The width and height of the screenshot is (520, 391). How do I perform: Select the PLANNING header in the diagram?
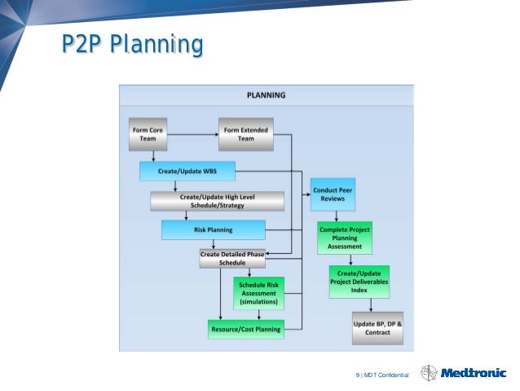pos(266,95)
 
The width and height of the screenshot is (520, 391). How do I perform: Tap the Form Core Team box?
pos(148,134)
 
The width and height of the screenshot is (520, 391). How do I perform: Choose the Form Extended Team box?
pos(245,134)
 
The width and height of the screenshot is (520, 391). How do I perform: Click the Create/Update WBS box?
pos(187,171)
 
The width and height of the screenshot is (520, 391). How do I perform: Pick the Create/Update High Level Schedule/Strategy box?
pos(217,201)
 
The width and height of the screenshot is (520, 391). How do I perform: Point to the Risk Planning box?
pos(214,230)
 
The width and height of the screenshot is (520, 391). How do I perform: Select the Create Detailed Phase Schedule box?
pos(232,259)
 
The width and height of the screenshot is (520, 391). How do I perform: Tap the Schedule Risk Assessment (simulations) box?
pos(258,292)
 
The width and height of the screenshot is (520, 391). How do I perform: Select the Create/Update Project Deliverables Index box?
pos(359,282)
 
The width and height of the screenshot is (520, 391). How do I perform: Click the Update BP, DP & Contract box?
pos(377,329)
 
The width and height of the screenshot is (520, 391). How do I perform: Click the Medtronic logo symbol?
pos(429,373)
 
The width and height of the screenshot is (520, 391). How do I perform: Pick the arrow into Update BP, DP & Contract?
pos(372,304)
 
